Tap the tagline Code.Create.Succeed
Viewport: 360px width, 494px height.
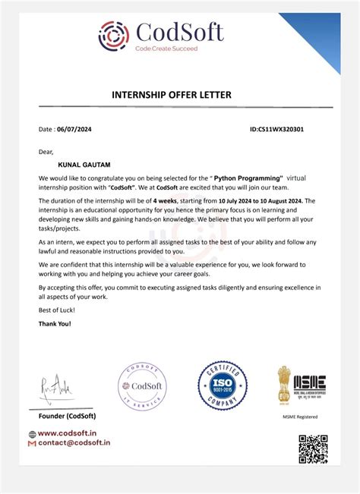click(166, 49)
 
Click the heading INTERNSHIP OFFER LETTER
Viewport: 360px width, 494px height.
click(172, 95)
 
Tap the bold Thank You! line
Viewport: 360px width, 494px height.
click(55, 324)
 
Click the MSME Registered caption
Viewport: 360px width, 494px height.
click(301, 417)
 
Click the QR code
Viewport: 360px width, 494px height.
click(312, 449)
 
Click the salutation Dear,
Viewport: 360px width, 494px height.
click(46, 152)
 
